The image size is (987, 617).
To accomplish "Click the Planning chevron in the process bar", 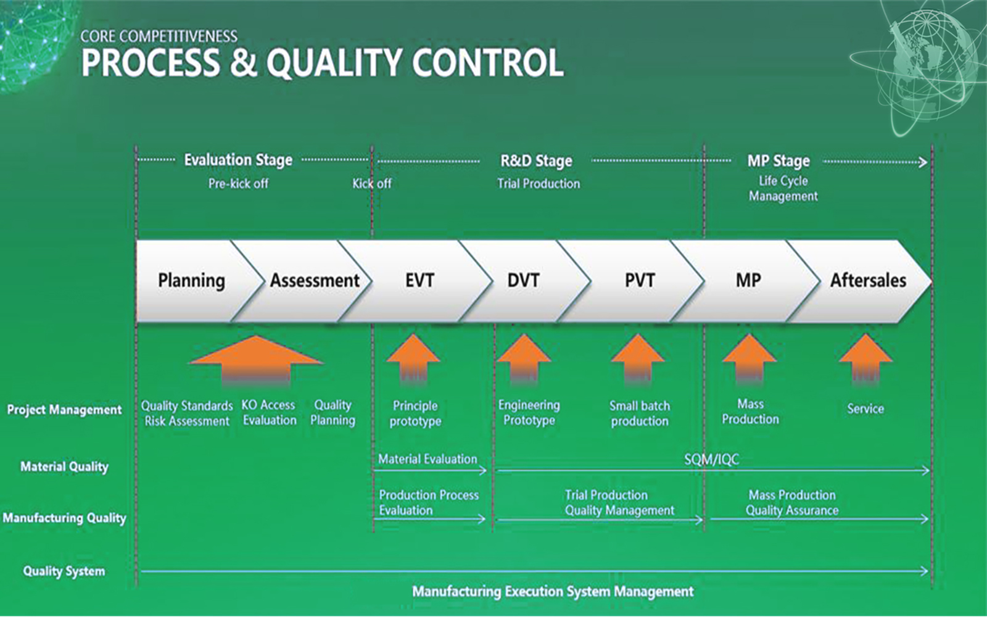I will (x=191, y=281).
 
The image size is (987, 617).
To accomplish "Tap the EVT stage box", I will (x=419, y=281).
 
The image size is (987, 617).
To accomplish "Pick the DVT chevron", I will (x=523, y=281).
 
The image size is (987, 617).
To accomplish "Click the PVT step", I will (x=640, y=281).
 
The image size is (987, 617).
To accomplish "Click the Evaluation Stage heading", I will (x=238, y=160).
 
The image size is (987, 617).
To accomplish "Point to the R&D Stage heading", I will (x=536, y=161).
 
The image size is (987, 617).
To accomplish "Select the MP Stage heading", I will (x=778, y=161).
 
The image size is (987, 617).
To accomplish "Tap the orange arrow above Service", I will (x=865, y=358).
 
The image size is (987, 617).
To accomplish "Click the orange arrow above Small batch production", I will (x=638, y=358).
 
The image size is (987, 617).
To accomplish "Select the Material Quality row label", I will (x=64, y=467).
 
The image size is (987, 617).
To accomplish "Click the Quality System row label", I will (x=64, y=571).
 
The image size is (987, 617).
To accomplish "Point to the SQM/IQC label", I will (x=711, y=460).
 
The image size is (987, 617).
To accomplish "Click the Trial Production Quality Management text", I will (x=619, y=503).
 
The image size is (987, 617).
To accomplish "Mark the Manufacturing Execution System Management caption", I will (x=553, y=592).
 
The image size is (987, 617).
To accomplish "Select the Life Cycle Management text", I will (x=783, y=188).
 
